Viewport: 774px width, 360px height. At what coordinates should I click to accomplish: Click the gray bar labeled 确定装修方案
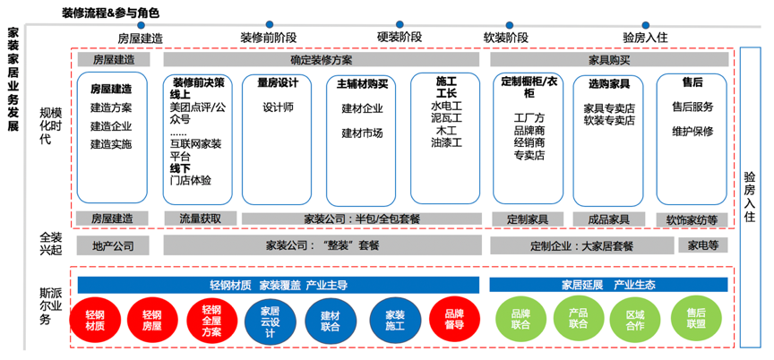coord(322,60)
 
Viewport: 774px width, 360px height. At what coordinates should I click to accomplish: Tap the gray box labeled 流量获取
coord(194,218)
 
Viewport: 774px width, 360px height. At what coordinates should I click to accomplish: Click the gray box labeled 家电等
coord(703,245)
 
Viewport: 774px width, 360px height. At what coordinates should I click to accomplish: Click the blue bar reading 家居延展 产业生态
coord(608,285)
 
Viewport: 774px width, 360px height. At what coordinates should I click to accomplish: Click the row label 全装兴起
coord(50,243)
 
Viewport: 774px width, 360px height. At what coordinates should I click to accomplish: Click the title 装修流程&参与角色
coord(111,13)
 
